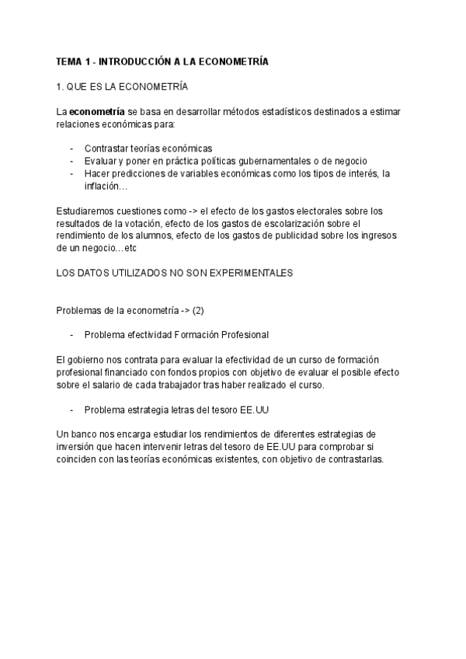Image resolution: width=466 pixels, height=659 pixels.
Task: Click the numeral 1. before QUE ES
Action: [61, 86]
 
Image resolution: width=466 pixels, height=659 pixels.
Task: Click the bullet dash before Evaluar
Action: [72, 161]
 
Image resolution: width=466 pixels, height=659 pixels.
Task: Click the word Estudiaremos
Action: [85, 211]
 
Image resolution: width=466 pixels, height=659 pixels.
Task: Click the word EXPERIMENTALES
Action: [239, 274]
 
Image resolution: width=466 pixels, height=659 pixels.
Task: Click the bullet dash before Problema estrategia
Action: [72, 409]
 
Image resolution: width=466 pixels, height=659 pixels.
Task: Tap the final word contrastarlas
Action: [352, 459]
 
